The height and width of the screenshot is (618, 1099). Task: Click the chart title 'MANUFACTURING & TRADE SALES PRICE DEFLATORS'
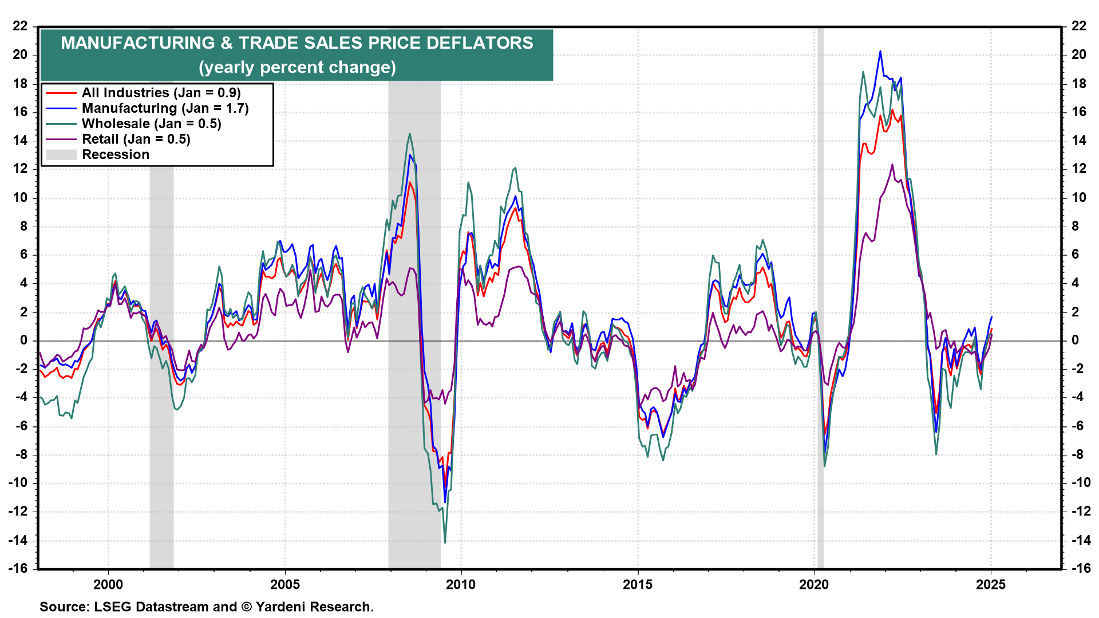coord(297,43)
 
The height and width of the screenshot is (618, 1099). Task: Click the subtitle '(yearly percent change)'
coord(297,68)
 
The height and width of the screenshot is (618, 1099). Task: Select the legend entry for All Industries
coord(161,93)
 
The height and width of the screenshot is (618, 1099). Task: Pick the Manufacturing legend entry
coord(165,108)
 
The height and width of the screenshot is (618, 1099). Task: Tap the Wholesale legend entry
coord(151,124)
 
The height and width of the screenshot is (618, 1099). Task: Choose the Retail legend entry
coord(136,139)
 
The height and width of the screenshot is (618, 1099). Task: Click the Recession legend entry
coord(115,154)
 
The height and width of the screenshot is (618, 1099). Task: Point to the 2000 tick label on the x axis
coord(108,584)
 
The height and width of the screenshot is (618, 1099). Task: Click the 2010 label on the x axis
coord(461,584)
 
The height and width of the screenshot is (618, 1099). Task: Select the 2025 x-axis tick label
coord(991,584)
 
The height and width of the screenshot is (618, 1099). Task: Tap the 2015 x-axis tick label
coord(638,584)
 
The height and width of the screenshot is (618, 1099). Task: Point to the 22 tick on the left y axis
coord(20,26)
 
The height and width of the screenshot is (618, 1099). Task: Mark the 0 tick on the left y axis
coord(23,340)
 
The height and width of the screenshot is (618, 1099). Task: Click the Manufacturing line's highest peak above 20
coord(880,51)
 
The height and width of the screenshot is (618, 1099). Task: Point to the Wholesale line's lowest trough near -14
coord(445,542)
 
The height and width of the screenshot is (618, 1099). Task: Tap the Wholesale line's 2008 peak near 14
coord(410,134)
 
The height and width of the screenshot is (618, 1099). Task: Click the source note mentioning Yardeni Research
coord(206,607)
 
